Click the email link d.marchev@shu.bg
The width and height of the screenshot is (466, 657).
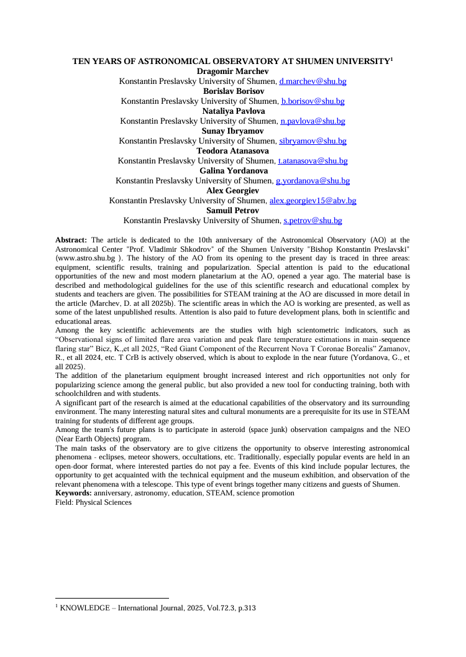click(313, 81)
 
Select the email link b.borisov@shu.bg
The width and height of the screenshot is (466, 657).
click(313, 101)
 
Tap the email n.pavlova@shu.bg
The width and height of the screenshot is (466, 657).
click(313, 121)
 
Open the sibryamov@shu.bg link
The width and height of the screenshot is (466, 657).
click(313, 141)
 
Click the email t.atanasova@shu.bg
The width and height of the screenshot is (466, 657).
click(313, 161)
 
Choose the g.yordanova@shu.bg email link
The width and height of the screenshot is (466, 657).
click(313, 181)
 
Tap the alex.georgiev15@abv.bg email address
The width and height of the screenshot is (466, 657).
click(313, 201)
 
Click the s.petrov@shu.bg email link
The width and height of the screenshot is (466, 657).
click(313, 221)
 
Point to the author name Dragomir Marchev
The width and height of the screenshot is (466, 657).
click(232, 71)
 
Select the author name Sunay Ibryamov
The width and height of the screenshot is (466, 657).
click(232, 131)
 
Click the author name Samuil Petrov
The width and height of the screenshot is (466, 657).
click(232, 211)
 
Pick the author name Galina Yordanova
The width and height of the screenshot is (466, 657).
click(232, 171)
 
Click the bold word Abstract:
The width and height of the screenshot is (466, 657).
click(72, 239)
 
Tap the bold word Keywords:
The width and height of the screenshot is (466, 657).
click(73, 493)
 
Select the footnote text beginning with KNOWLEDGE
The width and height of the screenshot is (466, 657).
click(155, 609)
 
